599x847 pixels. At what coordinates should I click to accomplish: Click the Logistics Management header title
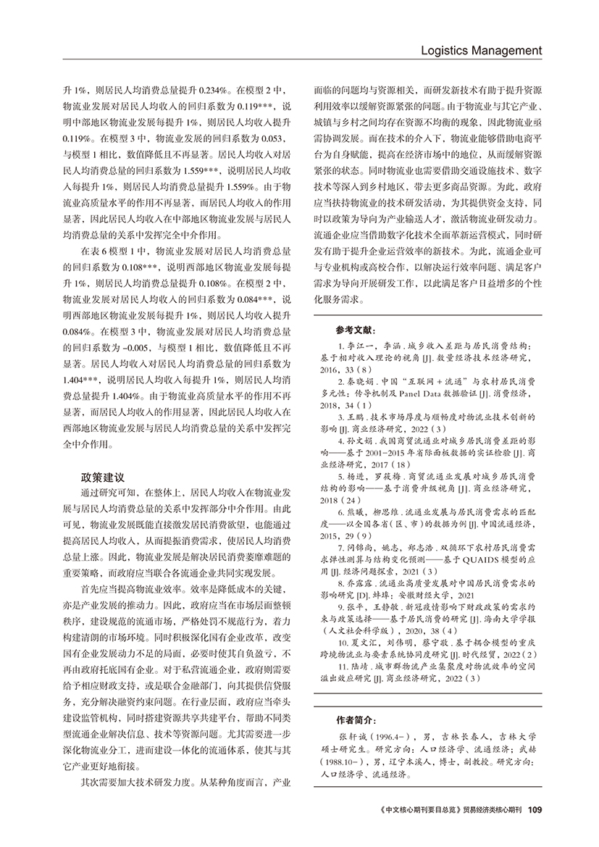coord(475,51)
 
